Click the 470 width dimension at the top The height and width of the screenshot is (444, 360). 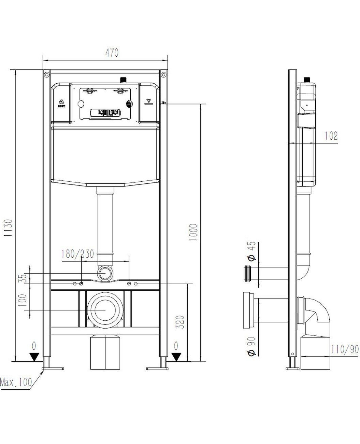tap(112, 53)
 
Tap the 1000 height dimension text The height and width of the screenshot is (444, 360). tap(193, 233)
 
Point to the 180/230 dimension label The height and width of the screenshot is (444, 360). tap(78, 254)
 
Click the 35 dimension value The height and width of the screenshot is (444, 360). tap(23, 278)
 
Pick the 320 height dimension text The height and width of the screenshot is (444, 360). tap(180, 322)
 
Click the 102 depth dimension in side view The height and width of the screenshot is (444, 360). tap(331, 136)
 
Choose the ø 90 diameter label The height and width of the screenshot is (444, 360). tap(251, 347)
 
